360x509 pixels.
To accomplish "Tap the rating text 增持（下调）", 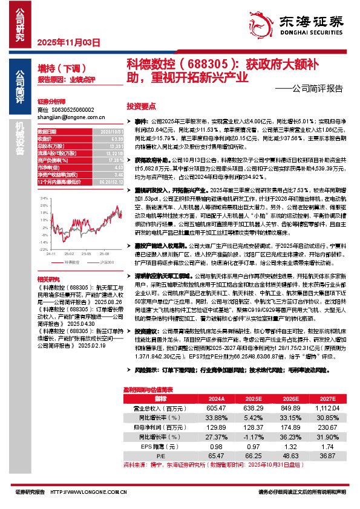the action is (62, 68).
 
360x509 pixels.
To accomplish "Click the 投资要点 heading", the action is (141, 104).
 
